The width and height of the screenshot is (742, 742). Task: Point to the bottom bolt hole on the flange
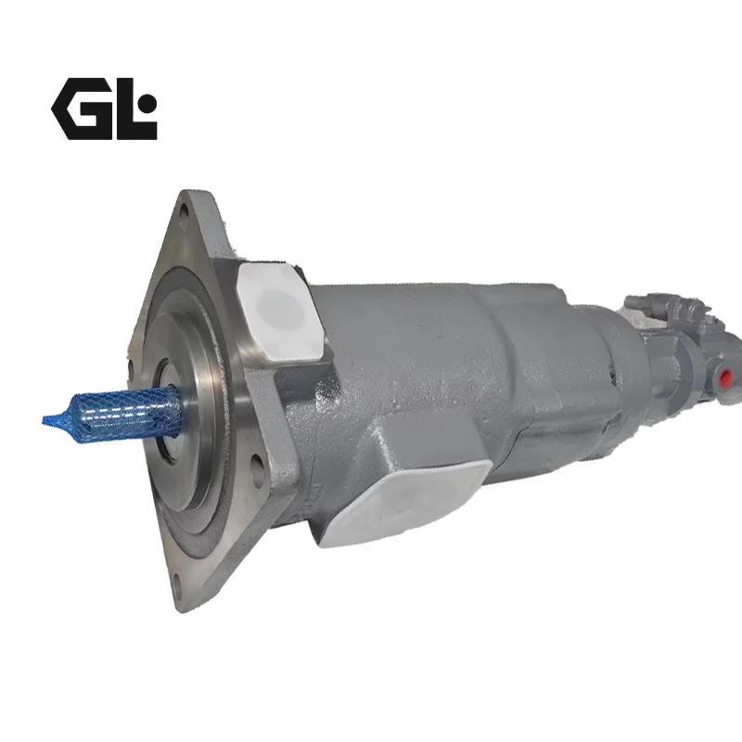point(177,582)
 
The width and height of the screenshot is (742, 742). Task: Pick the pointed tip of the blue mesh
point(44,419)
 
